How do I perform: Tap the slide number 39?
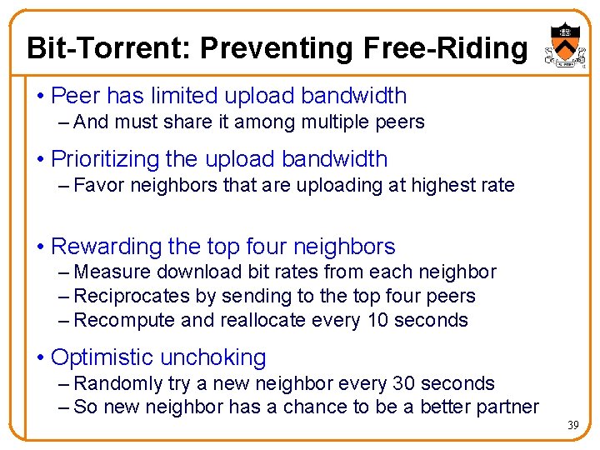click(x=573, y=426)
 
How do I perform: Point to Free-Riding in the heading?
click(x=446, y=48)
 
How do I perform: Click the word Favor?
click(x=97, y=185)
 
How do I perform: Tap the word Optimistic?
click(x=102, y=357)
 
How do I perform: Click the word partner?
click(x=508, y=407)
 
